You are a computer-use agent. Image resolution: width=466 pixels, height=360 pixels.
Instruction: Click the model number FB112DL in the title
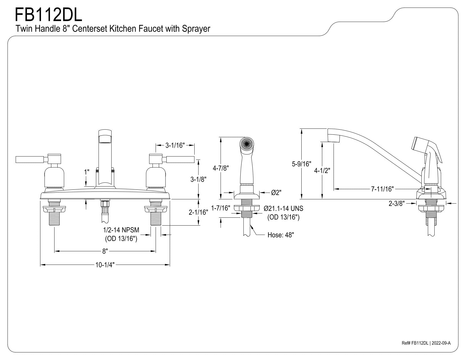pos(49,15)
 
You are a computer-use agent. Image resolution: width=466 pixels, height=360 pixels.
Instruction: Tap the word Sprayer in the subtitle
pos(196,29)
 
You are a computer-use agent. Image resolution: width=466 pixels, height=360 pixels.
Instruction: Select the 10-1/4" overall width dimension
pos(105,265)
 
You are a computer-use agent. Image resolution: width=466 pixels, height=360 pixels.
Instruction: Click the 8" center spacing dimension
pos(105,251)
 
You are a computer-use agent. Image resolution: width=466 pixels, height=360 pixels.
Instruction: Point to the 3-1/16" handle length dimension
pos(175,145)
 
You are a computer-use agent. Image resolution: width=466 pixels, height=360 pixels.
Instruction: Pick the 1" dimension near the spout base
pos(87,172)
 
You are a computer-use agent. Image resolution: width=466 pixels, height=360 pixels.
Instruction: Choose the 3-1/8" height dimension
pos(198,179)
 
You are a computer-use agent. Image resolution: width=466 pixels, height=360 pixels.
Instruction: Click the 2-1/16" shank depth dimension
pos(198,212)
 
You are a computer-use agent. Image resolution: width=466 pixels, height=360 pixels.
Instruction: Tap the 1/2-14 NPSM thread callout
pos(121,230)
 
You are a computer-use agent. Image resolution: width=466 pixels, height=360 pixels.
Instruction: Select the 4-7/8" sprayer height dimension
pos(221,168)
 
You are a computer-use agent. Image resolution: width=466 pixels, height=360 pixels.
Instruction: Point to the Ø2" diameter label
pos(276,193)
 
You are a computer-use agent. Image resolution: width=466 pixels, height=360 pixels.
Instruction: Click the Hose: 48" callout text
pos(281,235)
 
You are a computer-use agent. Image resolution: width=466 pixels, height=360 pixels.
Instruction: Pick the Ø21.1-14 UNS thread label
pos(283,208)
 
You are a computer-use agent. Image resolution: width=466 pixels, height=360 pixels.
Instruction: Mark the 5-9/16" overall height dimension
pos(302,164)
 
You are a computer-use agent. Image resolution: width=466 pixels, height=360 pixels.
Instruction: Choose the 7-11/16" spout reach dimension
pos(383,189)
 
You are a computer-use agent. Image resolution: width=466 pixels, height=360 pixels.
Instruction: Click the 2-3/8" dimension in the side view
pos(397,203)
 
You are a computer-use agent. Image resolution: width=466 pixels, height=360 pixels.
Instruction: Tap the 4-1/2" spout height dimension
pos(322,171)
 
